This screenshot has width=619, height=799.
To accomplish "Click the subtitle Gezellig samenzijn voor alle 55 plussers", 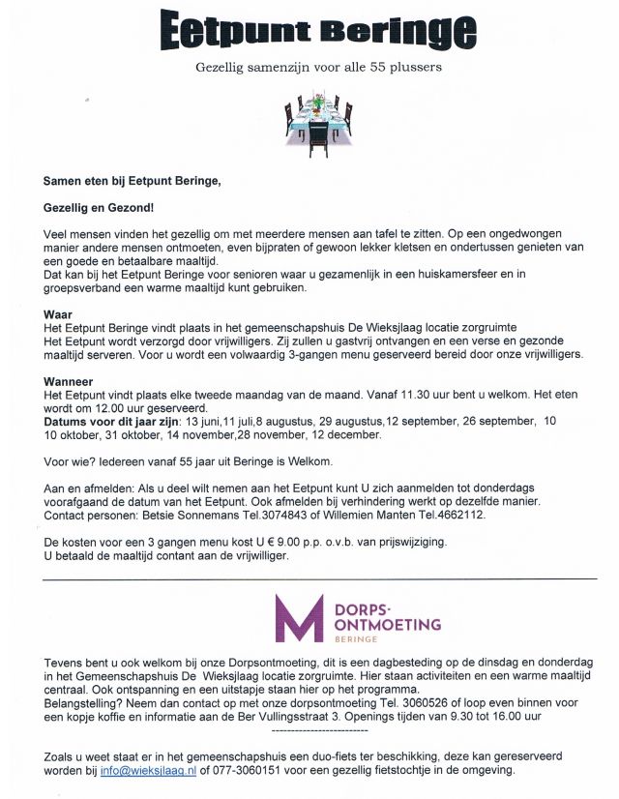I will click(x=318, y=69).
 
